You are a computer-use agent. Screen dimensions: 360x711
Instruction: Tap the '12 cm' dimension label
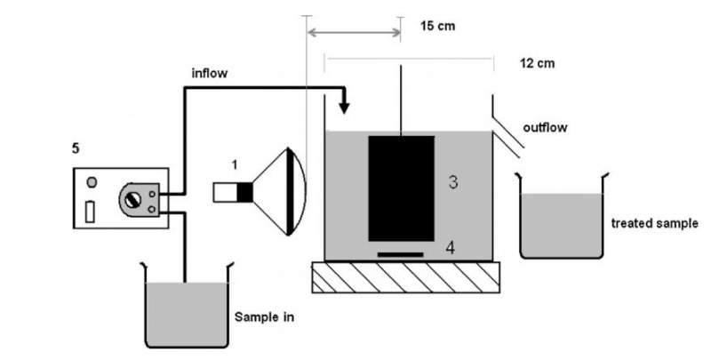537,64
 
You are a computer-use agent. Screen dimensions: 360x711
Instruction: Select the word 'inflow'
212,74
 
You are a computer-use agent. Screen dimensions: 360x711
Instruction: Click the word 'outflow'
544,128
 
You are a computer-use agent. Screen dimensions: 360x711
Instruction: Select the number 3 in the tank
452,183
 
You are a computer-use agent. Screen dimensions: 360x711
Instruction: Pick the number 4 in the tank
451,249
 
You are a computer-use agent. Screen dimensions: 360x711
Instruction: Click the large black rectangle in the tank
401,188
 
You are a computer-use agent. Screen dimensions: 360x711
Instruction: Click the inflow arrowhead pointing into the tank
345,108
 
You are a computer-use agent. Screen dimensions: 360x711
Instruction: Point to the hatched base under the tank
405,277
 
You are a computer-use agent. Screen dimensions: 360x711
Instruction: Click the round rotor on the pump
132,200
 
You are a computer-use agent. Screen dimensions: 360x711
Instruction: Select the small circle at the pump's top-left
92,184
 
